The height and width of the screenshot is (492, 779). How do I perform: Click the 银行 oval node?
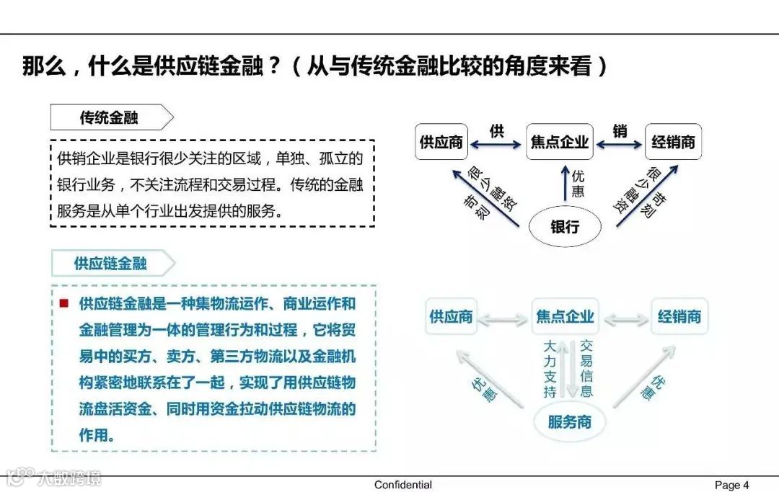(565, 227)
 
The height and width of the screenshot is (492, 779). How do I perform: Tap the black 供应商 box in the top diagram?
(441, 142)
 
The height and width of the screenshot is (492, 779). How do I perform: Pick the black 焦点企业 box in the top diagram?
(559, 142)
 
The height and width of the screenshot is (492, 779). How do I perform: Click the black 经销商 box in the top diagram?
(673, 142)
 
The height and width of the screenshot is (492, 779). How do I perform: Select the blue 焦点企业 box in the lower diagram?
(565, 317)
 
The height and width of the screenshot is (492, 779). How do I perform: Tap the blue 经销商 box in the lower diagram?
(679, 317)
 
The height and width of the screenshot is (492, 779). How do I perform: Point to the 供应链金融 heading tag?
(111, 264)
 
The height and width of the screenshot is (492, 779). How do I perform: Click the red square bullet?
(64, 303)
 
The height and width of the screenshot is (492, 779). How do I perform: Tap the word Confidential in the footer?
(403, 485)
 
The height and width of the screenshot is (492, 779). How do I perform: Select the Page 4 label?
(731, 485)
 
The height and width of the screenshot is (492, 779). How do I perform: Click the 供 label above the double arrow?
(496, 131)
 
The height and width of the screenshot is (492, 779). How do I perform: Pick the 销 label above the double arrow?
(620, 131)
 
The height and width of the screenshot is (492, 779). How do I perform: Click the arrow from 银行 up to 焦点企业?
(564, 185)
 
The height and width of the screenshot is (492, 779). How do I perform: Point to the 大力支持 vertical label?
(550, 369)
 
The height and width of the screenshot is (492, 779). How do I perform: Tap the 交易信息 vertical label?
(586, 369)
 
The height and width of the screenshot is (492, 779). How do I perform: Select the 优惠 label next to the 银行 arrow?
(578, 184)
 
